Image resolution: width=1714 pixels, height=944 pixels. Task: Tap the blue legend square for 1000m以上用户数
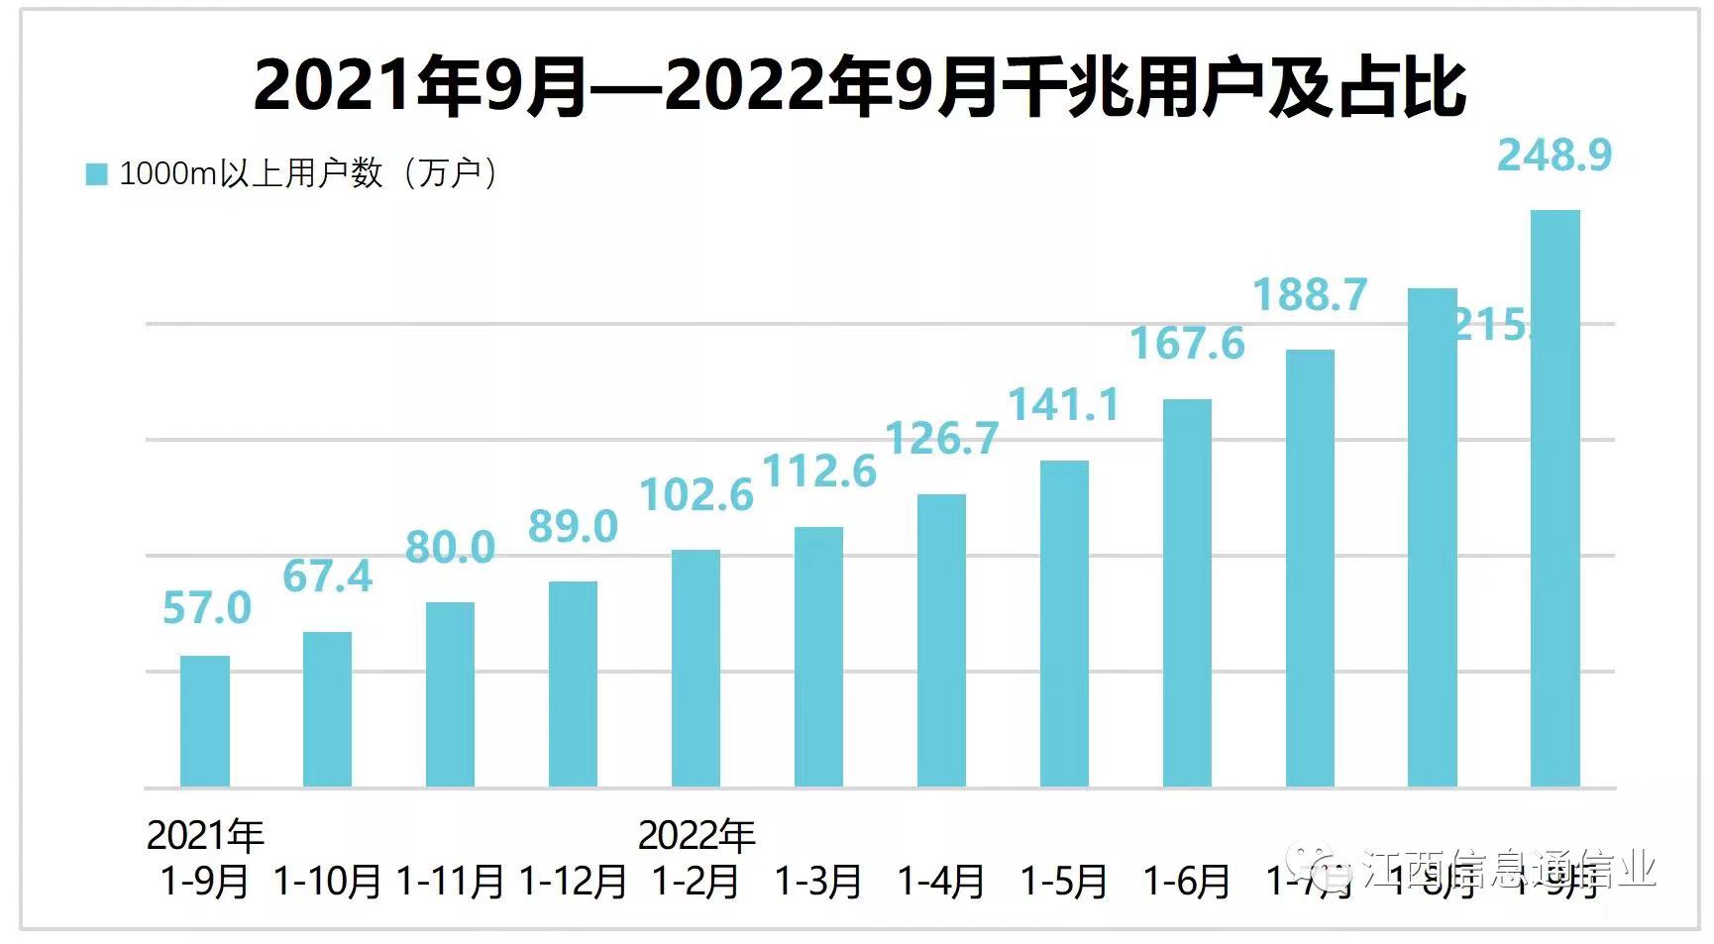[96, 174]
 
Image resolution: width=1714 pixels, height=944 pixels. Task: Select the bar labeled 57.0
[205, 721]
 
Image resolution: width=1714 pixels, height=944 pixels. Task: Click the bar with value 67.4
[327, 709]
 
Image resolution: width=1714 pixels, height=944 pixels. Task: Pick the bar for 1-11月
[450, 694]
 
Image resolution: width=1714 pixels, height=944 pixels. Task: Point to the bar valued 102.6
[696, 669]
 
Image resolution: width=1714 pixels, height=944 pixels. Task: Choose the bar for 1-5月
[1064, 624]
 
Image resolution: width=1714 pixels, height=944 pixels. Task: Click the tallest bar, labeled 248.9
[1554, 498]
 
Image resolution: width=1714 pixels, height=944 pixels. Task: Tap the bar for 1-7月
[1310, 569]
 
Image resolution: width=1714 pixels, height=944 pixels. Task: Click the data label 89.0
[573, 526]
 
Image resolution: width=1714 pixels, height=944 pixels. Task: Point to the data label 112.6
[819, 472]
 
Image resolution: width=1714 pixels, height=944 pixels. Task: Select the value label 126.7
[941, 439]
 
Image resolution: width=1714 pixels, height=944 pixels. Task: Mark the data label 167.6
[1187, 344]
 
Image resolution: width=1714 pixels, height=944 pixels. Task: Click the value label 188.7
[1310, 294]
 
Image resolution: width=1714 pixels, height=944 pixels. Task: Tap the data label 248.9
[1554, 155]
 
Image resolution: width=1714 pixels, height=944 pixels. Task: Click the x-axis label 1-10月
[327, 881]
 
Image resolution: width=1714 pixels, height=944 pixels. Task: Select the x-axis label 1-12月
[573, 881]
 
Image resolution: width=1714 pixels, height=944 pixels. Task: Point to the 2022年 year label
[696, 836]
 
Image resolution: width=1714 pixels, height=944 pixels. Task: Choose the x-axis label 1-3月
[818, 881]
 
